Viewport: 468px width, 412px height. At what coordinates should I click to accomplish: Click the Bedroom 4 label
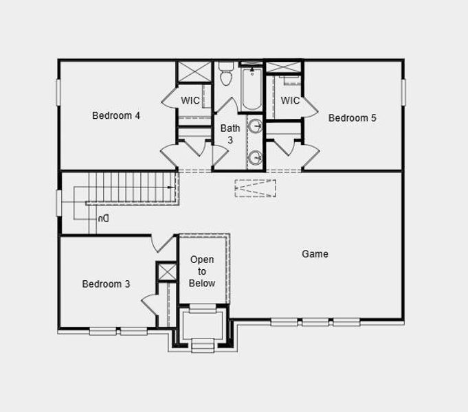point(116,115)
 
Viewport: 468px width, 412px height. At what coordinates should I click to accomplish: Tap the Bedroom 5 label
point(352,117)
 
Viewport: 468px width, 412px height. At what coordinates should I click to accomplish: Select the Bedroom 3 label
point(107,284)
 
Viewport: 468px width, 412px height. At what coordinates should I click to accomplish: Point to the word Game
point(315,253)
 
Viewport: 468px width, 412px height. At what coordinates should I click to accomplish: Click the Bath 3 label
point(230,133)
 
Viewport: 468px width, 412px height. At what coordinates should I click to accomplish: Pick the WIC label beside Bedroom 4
point(190,100)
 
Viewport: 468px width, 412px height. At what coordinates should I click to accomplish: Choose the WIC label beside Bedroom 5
point(290,100)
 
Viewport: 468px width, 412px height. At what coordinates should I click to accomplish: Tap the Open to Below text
point(202,271)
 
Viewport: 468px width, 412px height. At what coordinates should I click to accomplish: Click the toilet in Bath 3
point(226,76)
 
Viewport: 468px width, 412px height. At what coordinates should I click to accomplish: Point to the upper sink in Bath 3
point(255,126)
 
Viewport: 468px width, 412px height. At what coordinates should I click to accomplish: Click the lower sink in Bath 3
point(255,157)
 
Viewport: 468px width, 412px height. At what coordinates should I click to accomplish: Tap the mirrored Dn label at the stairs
point(103,218)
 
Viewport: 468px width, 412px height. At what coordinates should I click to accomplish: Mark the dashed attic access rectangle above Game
point(255,188)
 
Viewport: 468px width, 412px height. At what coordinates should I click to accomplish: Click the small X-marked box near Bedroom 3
point(167,271)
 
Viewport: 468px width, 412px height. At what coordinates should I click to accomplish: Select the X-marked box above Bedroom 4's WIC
point(194,71)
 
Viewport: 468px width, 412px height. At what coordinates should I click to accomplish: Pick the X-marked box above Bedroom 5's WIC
point(284,67)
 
